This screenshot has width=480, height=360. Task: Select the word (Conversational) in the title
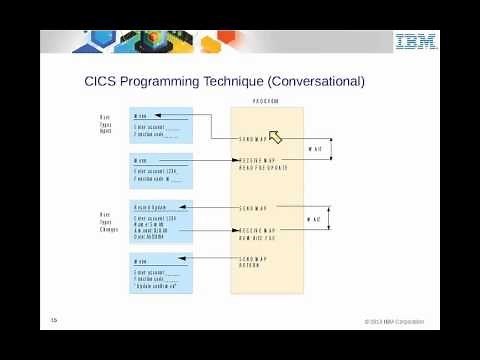pos(309,81)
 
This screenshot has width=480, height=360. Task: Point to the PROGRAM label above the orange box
pos(266,101)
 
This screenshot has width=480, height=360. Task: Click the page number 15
pos(55,319)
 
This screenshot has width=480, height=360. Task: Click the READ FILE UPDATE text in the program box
pos(264,167)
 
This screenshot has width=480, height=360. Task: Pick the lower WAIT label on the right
pos(314,219)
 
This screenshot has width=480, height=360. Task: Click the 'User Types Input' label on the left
pos(104,124)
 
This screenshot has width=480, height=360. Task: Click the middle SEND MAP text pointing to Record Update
pos(253,209)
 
